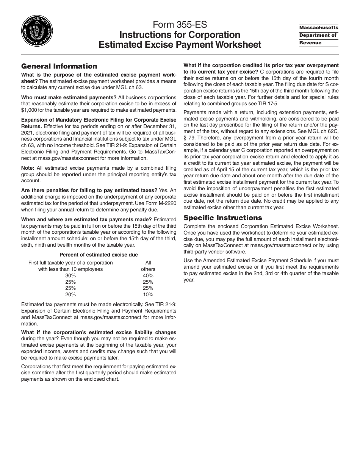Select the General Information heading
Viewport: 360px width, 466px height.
(59, 66)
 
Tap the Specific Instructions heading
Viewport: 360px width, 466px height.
(222, 218)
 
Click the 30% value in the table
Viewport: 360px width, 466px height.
(70, 276)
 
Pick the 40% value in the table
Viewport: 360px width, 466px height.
(148, 276)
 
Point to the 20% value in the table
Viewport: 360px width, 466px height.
(70, 294)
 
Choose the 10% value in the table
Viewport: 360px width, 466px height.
(148, 294)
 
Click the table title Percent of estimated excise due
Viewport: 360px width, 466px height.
(99, 255)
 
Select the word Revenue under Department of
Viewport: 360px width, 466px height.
(310, 43)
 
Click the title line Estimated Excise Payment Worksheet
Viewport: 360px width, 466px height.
(180, 45)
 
